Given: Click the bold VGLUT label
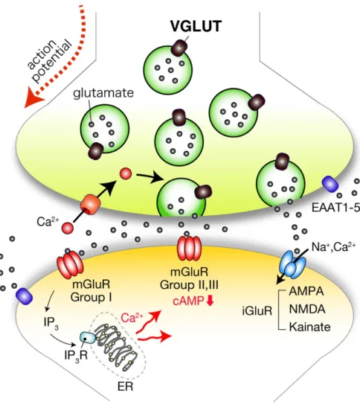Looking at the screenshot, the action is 196,26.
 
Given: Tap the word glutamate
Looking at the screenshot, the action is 103,93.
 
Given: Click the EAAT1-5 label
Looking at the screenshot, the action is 335,207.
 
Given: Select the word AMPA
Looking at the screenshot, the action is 306,291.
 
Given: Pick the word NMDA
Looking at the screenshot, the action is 307,309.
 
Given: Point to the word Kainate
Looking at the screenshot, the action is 309,327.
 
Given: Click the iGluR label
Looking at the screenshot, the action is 257,310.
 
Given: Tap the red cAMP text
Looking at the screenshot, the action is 188,302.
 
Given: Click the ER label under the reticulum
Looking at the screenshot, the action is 126,386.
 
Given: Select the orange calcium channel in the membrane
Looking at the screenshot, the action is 90,205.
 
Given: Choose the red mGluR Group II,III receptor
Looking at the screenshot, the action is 189,247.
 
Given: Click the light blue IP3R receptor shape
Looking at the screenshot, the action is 88,337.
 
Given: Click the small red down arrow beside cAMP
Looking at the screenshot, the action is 210,301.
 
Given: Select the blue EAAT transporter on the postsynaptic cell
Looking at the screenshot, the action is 25,297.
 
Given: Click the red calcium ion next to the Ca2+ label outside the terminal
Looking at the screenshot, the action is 68,228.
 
